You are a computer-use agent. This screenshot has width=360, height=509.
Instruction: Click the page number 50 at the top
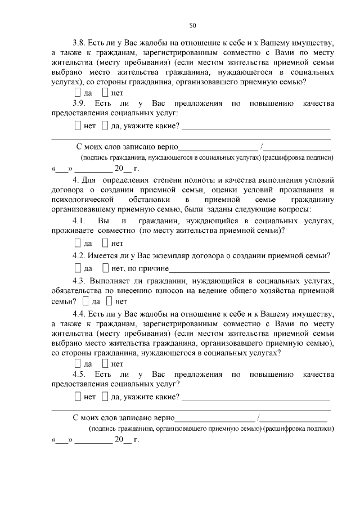[192, 25]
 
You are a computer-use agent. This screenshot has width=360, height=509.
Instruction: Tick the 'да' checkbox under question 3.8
[78, 93]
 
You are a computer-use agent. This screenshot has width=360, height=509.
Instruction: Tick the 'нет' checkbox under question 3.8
[105, 93]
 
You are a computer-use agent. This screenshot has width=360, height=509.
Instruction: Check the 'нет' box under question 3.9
[78, 125]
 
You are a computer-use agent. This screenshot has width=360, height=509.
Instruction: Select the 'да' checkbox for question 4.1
[78, 244]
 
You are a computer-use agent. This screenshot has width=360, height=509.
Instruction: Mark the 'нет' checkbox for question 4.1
[105, 244]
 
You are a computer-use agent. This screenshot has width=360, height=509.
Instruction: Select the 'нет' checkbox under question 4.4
[105, 364]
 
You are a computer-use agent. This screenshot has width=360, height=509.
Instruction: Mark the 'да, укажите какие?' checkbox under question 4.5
[105, 397]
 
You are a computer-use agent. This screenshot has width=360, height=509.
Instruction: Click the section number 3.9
[79, 103]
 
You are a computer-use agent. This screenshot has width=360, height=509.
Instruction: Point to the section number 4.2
[79, 256]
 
